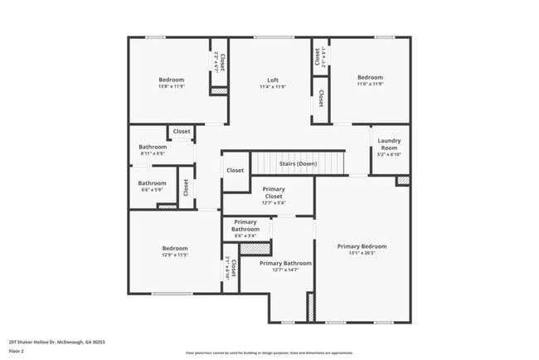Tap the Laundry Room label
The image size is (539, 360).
tap(389, 144)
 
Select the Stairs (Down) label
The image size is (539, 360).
tap(298, 163)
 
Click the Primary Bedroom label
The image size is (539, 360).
tap(362, 246)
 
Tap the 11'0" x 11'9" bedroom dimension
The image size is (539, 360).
tap(369, 85)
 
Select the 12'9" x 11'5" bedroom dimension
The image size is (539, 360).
tap(174, 255)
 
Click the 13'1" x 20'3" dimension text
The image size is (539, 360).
tap(362, 254)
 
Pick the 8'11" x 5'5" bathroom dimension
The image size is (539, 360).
tap(152, 153)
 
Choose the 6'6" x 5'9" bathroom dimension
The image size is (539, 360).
tap(152, 190)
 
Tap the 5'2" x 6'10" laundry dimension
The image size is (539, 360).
tap(389, 154)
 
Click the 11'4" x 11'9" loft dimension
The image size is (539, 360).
tap(272, 86)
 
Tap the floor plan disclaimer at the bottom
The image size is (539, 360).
tap(269, 352)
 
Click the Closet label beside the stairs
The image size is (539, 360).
tap(235, 170)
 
